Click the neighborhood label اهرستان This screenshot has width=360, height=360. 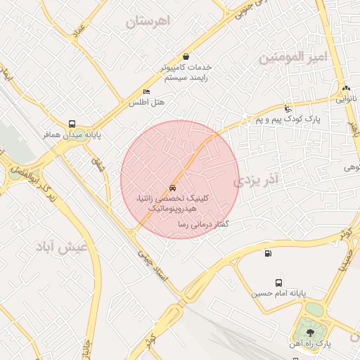click(x=148, y=22)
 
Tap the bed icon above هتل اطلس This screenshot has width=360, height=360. click(x=146, y=92)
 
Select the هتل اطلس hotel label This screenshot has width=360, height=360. click(x=146, y=103)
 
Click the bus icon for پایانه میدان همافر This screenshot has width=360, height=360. click(x=73, y=122)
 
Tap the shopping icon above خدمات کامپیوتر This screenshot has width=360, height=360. click(x=186, y=56)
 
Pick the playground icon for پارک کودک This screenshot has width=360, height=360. click(x=288, y=108)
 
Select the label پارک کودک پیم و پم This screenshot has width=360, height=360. click(x=288, y=120)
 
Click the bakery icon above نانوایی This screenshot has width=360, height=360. click(x=346, y=89)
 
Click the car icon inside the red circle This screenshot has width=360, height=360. click(x=172, y=188)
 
